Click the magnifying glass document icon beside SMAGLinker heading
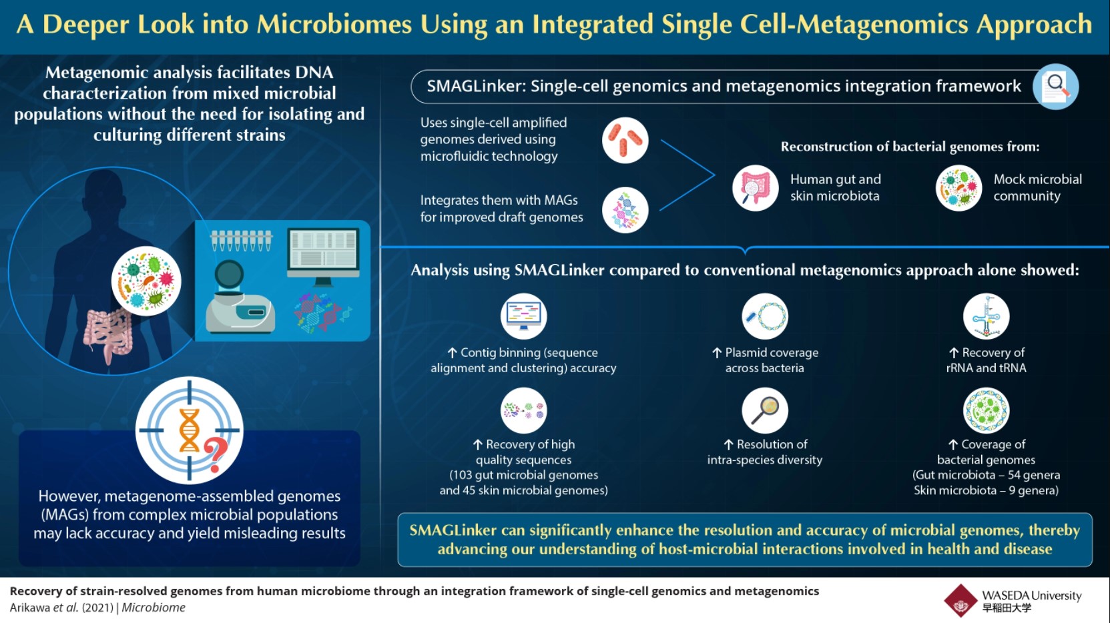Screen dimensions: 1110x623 [x=1055, y=87]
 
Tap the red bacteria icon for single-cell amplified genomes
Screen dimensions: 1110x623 [x=625, y=141]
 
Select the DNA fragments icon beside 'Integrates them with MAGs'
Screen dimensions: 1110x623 [x=625, y=210]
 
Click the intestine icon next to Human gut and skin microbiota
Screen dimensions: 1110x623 [x=755, y=188]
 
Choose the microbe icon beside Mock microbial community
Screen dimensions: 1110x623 [x=958, y=188]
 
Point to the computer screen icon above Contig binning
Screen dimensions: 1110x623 [x=523, y=316]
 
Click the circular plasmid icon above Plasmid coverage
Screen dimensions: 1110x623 [x=765, y=316]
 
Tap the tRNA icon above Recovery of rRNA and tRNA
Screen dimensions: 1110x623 [x=986, y=316]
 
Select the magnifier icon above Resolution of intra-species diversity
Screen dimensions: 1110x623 [x=765, y=410]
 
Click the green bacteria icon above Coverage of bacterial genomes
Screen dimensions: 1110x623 [x=986, y=410]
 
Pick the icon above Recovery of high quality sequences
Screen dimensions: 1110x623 [x=523, y=410]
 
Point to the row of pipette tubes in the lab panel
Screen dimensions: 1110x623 [x=242, y=240]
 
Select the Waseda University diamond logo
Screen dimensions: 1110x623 [x=960, y=600]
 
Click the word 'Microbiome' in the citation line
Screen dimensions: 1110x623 [x=154, y=608]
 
